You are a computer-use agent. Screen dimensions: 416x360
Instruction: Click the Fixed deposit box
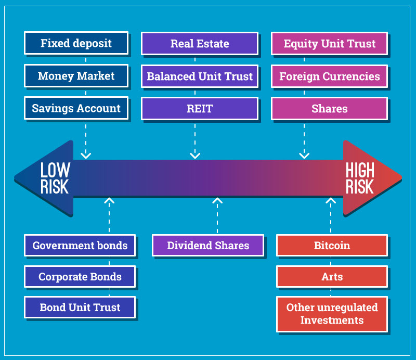pos(76,43)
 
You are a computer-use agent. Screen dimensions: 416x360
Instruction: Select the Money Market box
pos(76,75)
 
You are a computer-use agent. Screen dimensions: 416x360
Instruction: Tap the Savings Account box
pos(76,108)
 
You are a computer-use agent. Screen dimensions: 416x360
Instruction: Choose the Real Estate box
pos(200,44)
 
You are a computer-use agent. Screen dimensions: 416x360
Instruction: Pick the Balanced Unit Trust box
pos(200,76)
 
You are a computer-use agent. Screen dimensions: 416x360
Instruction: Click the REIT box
pos(200,109)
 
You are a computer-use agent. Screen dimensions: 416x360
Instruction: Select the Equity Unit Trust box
pos(330,44)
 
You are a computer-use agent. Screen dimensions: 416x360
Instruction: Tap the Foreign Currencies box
pos(330,76)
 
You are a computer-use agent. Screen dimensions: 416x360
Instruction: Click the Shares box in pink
pos(330,109)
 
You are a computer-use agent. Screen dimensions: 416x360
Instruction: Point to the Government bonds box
pos(80,246)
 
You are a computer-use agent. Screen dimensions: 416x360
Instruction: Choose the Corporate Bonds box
pos(80,276)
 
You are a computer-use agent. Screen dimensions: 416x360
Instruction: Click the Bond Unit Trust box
pos(80,307)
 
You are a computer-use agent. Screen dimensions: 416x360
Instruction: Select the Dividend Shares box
pos(208,246)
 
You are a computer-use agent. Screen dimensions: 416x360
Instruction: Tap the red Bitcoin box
pos(332,246)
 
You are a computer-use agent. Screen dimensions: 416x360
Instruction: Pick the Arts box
pos(332,276)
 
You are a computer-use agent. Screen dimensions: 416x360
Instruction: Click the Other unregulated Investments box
pos(332,314)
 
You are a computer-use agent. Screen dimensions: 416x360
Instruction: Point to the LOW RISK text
pos(55,178)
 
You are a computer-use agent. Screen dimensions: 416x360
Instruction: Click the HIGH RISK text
pos(360,178)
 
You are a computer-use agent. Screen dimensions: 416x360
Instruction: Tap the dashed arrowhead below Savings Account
pos(86,156)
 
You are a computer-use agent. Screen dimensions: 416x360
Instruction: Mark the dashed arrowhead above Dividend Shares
pos(217,200)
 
